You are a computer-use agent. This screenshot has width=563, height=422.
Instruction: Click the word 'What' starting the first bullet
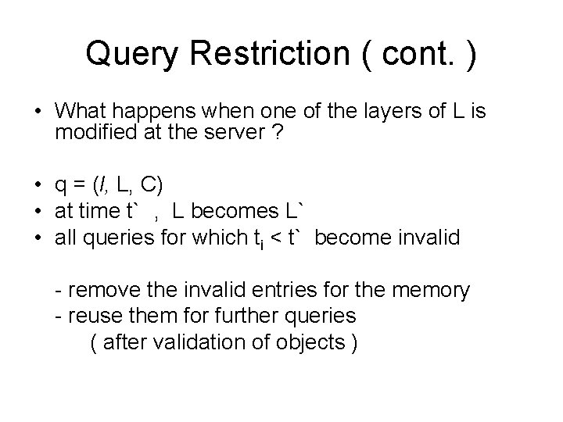click(83, 112)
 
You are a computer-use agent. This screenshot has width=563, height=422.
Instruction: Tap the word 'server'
click(249, 133)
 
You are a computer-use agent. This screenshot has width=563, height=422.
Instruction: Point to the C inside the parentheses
click(155, 185)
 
